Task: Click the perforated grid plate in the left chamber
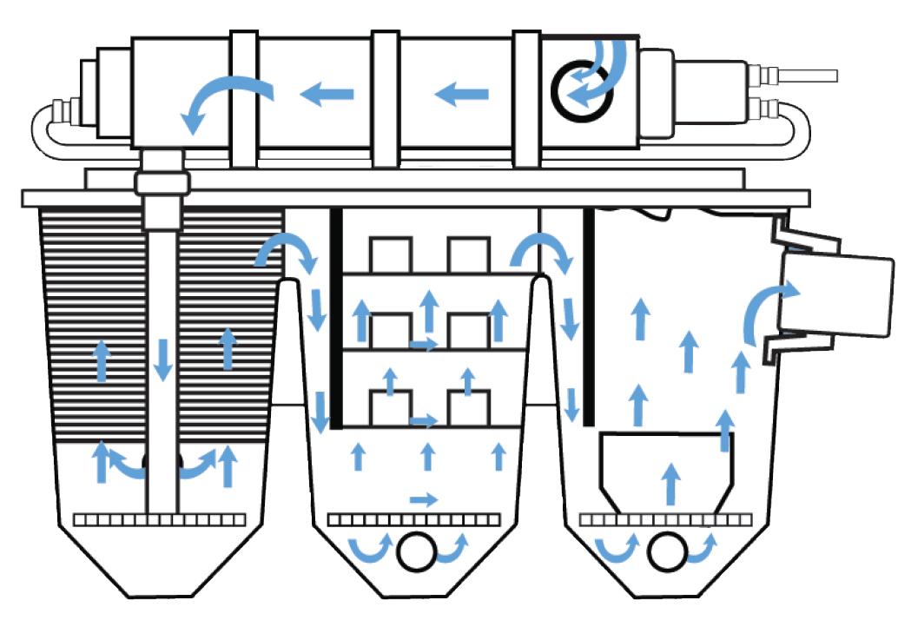pyautogui.click(x=160, y=519)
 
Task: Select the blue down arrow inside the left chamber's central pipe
pyautogui.click(x=162, y=360)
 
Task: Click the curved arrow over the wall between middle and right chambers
pyautogui.click(x=538, y=251)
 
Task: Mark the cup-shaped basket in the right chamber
pyautogui.click(x=667, y=469)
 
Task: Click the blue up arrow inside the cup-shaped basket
pyautogui.click(x=669, y=483)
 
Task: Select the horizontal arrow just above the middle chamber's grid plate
pyautogui.click(x=424, y=499)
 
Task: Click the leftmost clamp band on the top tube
pyautogui.click(x=244, y=100)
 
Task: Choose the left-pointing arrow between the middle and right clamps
pyautogui.click(x=461, y=92)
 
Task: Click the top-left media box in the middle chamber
pyautogui.click(x=390, y=254)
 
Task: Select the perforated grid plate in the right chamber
pyautogui.click(x=665, y=519)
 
